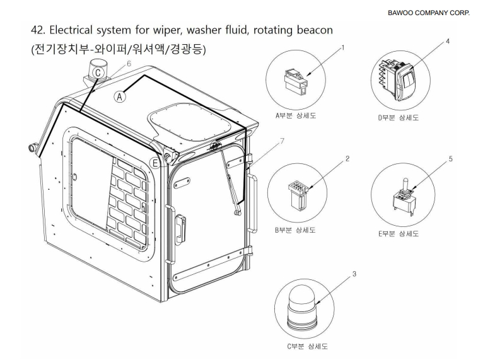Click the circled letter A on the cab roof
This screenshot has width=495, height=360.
click(121, 96)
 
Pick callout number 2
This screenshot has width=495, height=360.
click(347, 158)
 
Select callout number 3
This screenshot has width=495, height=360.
click(354, 274)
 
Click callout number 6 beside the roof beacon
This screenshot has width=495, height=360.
click(129, 64)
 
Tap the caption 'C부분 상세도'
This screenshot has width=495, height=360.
click(305, 346)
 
